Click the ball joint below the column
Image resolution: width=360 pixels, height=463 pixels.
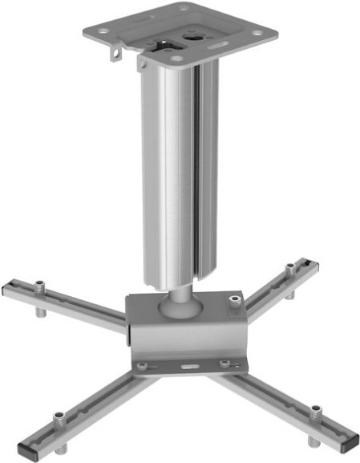tap(179, 303)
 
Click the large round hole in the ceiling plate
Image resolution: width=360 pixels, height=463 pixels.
tap(195, 35)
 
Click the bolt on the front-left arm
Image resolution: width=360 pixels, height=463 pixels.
tap(58, 419)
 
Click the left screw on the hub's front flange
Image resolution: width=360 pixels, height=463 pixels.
tap(141, 366)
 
